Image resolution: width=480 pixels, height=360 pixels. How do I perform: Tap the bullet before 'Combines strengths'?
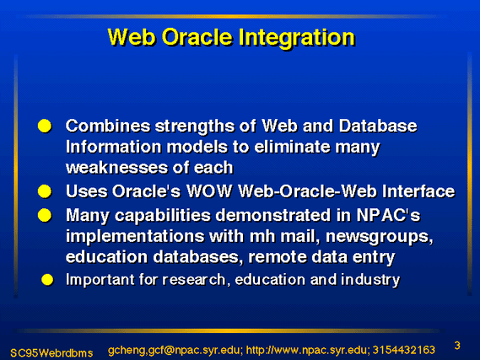pos(45,126)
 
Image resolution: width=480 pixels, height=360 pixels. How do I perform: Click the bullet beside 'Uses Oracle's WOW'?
pos(45,191)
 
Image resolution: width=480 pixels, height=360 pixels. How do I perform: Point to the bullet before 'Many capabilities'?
pos(45,215)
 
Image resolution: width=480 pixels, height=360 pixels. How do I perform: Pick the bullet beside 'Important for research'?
pos(47,280)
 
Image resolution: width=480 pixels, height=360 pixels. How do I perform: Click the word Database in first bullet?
pos(378,126)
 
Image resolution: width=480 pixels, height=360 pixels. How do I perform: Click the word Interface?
pos(418,191)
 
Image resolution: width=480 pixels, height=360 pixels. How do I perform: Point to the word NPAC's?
pos(388,215)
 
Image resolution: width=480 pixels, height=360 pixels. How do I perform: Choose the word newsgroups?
pos(380,237)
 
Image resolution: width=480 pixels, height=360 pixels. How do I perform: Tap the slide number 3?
pos(457,346)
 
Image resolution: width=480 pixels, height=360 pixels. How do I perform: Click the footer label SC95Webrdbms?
pos(51,353)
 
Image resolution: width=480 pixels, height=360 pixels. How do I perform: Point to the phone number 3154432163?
pos(404,350)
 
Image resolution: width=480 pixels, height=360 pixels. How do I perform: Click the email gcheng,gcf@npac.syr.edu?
pos(175,351)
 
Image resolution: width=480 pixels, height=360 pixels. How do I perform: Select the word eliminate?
pos(292,147)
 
